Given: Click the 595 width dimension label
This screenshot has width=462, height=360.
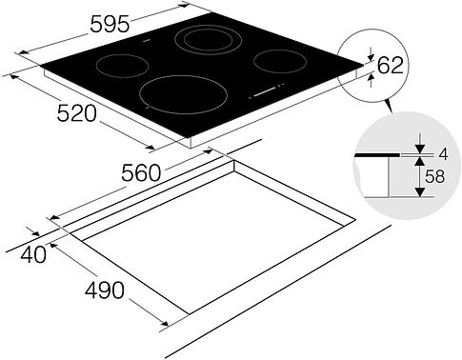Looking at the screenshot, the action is click(x=110, y=24).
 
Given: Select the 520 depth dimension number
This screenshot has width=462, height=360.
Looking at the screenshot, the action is click(x=76, y=113).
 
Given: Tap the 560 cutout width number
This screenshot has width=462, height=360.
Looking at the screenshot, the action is click(x=141, y=173).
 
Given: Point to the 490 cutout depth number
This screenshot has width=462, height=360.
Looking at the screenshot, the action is click(x=105, y=290).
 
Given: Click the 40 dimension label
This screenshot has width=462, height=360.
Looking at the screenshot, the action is click(x=33, y=254).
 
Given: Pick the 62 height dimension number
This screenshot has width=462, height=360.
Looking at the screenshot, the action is click(x=391, y=66).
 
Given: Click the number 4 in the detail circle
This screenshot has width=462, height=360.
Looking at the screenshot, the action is click(x=443, y=154).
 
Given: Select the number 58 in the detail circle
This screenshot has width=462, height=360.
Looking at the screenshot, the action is click(x=434, y=176).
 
